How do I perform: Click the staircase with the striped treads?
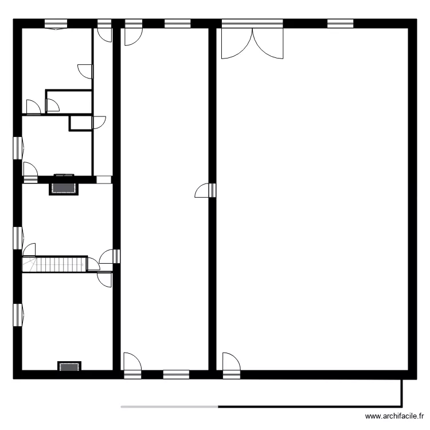coord(54,264)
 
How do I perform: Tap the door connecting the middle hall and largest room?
coord(205,190)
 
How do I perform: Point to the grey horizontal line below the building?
coord(169,407)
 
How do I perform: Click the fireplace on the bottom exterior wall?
coord(69,366)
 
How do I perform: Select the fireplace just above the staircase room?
coord(64,187)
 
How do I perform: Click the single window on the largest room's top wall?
coord(340,24)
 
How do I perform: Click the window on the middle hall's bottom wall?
coord(175,374)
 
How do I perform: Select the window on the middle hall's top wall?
coord(177,24)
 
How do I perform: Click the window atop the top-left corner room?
coord(56,24)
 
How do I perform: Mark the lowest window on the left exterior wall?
coord(17,315)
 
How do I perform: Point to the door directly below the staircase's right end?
coord(105,279)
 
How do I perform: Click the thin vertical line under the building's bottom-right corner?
coord(401,393)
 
